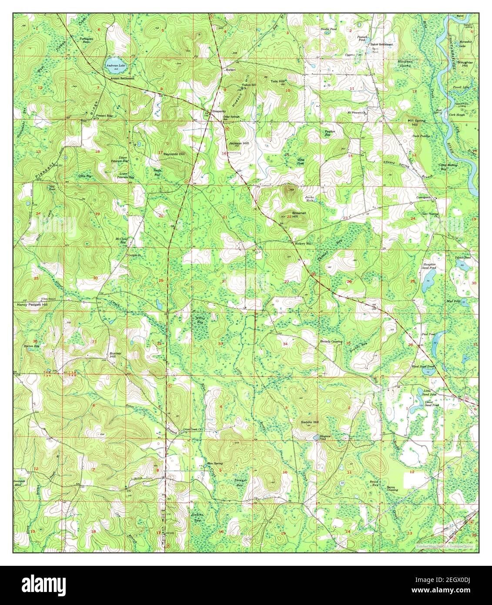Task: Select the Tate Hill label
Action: click(x=277, y=81)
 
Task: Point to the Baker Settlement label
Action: click(x=381, y=44)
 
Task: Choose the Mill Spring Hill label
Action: click(x=416, y=122)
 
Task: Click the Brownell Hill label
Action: click(x=298, y=214)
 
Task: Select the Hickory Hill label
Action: click(x=303, y=244)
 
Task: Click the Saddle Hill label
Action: click(x=310, y=422)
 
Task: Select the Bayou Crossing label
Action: click(x=392, y=488)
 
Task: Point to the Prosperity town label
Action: click(x=219, y=111)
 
